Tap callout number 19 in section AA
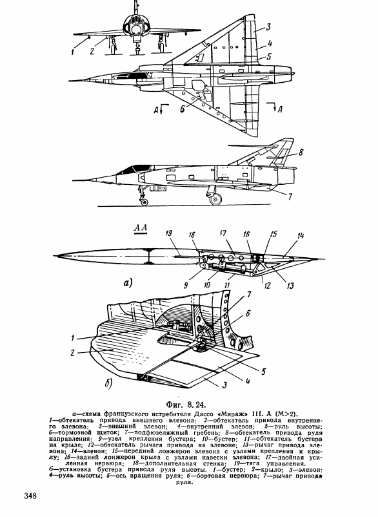(169, 234)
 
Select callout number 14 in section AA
(300, 236)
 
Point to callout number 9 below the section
(186, 285)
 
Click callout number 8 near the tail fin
(301, 153)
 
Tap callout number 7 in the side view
(290, 196)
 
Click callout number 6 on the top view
(182, 109)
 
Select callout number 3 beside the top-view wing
(268, 27)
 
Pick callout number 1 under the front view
(73, 52)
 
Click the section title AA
(141, 228)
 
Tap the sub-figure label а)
(128, 282)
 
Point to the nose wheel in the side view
(144, 202)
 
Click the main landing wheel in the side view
(215, 199)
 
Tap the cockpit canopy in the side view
(131, 169)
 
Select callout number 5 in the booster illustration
(263, 372)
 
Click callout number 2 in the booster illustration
(72, 353)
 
